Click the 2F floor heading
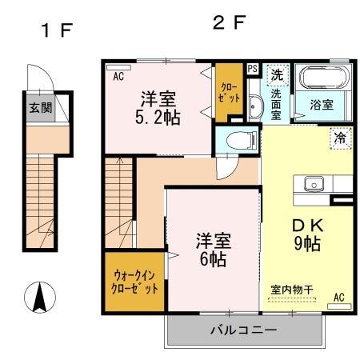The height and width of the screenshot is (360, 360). tap(228, 22)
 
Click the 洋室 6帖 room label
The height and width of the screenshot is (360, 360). tap(214, 250)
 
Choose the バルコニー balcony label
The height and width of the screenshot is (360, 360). tap(244, 330)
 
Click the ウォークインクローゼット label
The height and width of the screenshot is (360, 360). tap(134, 282)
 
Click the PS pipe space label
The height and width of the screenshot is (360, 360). tap(253, 70)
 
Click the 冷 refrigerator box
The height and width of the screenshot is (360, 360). tap(340, 138)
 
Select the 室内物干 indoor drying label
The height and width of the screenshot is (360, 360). tap(292, 291)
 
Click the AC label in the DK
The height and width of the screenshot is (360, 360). tap(337, 298)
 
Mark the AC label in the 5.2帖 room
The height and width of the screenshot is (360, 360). tap(118, 77)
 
